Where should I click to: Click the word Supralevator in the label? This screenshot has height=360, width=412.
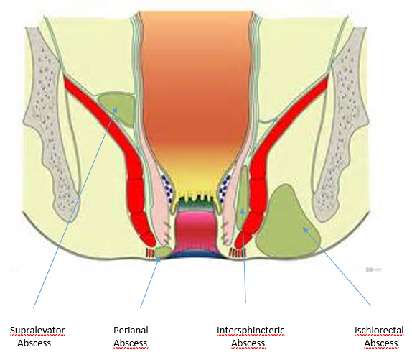click(x=37, y=331)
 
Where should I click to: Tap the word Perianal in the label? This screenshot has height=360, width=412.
click(x=131, y=330)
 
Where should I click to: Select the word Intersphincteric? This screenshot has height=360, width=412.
click(x=251, y=331)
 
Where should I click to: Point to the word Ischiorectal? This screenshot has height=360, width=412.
click(x=379, y=331)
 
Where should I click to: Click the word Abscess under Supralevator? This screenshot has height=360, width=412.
click(x=34, y=343)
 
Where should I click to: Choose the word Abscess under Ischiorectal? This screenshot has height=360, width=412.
click(x=381, y=343)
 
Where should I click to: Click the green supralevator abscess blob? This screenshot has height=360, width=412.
click(x=118, y=107)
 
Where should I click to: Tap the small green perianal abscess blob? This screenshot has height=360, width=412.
click(x=163, y=252)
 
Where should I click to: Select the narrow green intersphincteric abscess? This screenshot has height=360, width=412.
click(x=243, y=196)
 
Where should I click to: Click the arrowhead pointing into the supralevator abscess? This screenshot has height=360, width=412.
click(x=116, y=109)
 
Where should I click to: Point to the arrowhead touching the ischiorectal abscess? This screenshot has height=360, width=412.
click(x=305, y=229)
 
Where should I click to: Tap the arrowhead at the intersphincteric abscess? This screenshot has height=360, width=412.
click(x=243, y=211)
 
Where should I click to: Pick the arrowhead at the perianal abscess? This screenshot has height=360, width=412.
click(x=159, y=259)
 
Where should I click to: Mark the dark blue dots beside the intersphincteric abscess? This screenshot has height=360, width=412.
click(x=225, y=188)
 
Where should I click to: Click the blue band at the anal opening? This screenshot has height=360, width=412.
click(x=196, y=254)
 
